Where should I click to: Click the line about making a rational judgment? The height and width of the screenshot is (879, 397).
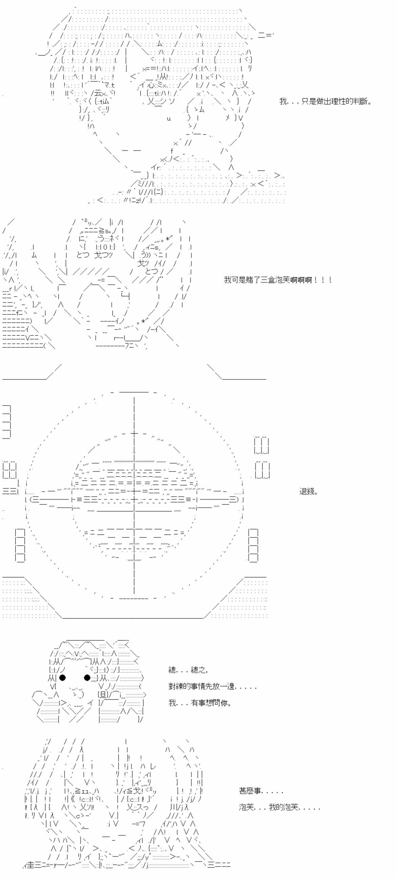325,101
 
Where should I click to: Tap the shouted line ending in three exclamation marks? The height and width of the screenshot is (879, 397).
278,280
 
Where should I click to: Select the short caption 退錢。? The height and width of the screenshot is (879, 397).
308,492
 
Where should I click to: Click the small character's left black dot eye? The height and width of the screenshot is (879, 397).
62,677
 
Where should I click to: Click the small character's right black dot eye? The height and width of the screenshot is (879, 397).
87,677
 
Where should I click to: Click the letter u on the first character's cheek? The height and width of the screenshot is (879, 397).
169,118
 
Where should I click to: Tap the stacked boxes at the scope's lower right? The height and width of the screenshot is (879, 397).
253,545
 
